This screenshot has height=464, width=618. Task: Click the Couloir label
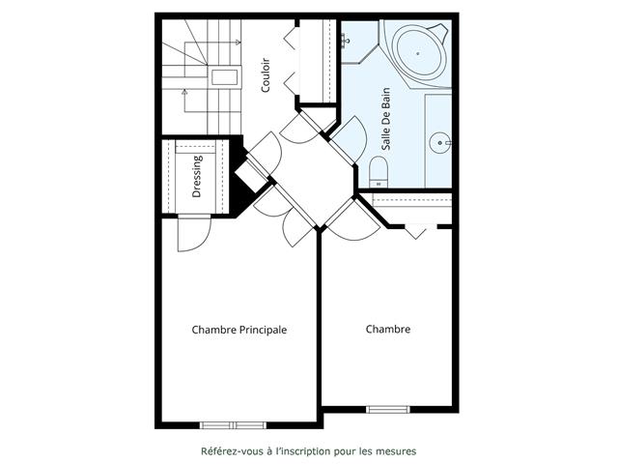coord(265,74)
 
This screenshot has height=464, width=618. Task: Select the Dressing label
coord(197,176)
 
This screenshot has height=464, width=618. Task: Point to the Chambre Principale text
coord(239,330)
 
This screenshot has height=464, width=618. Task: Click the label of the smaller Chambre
coord(387,330)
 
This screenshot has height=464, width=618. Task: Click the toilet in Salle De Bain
coord(378,172)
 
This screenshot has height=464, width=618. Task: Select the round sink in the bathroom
coord(443,142)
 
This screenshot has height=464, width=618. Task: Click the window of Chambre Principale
coord(232,424)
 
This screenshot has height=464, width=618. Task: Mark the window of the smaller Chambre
coord(392,409)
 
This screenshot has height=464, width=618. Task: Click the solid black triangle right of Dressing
coord(242,193)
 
